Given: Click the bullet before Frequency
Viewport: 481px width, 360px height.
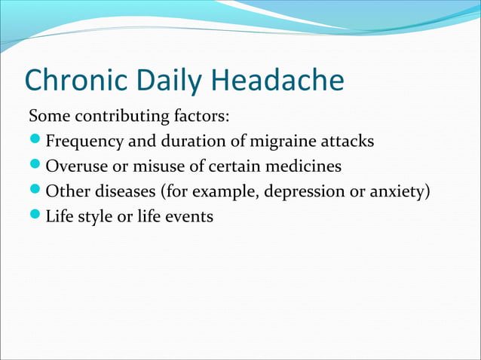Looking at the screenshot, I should (35, 142).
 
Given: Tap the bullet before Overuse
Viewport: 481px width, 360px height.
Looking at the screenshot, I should (35, 166).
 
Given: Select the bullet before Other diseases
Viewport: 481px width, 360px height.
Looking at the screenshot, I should (35, 191).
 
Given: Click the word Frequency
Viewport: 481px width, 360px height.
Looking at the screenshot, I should (82, 142).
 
